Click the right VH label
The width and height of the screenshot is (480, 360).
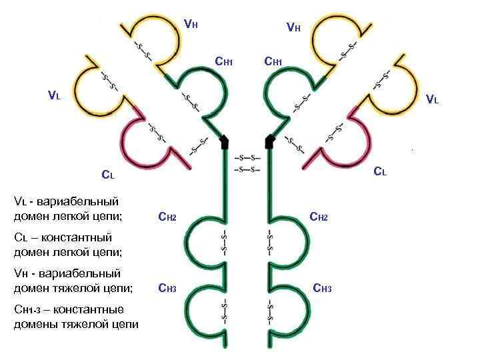point(293,28)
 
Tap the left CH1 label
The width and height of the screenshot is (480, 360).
point(223,63)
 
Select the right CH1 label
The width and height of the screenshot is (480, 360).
point(273,63)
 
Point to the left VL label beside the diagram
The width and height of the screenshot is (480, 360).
point(54,95)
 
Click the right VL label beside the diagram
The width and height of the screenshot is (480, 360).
point(432,101)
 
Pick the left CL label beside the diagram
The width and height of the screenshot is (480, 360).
point(108,176)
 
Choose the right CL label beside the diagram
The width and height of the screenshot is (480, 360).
point(379,171)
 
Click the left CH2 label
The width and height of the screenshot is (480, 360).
point(167,217)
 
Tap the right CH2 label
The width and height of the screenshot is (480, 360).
point(319,217)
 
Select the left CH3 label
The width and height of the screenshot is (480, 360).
point(167,289)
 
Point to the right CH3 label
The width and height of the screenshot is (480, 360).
point(322,289)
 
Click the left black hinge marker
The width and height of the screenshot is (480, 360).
point(225,141)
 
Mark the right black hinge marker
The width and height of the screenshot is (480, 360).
point(270,141)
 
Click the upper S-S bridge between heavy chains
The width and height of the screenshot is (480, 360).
point(247,158)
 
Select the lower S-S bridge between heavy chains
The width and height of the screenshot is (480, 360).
point(247,169)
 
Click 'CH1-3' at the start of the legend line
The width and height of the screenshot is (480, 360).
point(29,310)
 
